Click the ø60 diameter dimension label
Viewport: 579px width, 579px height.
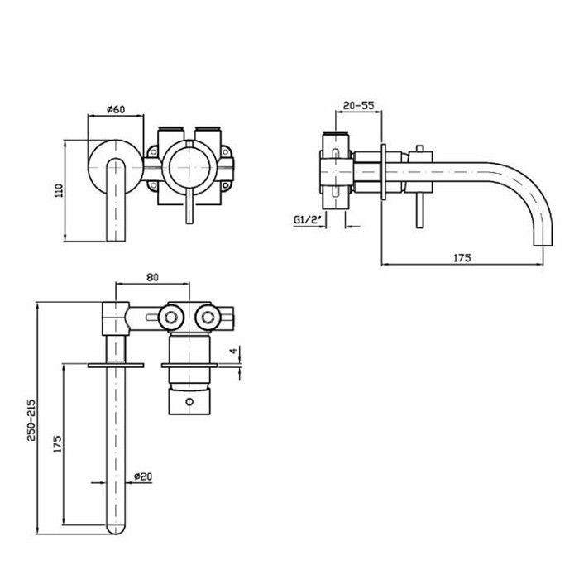coord(116,109)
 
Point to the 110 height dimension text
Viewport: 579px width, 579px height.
coord(59,190)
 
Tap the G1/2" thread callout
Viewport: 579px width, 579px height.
coord(308,220)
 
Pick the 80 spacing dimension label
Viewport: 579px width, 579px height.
coord(151,279)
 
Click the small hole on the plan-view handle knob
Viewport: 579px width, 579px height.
coord(189,400)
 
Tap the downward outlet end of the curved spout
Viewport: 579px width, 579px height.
coord(542,239)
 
